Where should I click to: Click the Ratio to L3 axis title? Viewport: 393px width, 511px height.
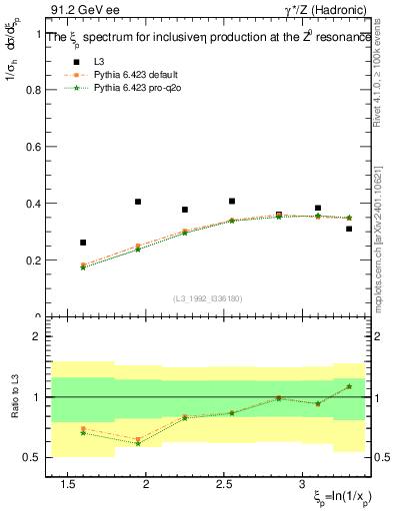pos(13,397)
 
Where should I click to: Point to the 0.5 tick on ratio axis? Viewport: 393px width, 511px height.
pos(29,458)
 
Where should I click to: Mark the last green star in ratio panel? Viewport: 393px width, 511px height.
pos(349,386)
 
